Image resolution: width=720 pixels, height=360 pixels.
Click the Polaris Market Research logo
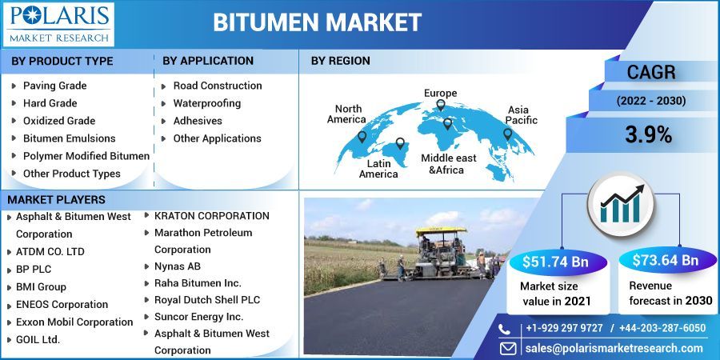point(58,23)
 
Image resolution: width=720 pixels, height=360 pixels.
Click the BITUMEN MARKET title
point(317,22)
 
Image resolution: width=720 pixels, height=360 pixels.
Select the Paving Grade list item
point(54,86)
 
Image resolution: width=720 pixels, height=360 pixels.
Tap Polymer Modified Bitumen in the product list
point(86,156)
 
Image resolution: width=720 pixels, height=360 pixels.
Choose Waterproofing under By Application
point(206,103)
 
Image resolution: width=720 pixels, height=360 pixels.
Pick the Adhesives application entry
point(197,121)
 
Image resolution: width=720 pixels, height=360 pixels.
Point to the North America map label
point(349,114)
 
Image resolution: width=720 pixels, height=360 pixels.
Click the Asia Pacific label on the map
point(522,114)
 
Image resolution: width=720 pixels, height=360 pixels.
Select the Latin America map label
point(378,169)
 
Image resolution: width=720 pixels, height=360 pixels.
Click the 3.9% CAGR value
point(647,135)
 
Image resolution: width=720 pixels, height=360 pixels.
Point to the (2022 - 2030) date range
point(650,101)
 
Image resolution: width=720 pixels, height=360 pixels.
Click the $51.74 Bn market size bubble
point(554,261)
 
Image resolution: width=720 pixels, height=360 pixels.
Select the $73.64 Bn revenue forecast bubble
point(665,261)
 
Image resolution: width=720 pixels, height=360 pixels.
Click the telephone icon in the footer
point(504,328)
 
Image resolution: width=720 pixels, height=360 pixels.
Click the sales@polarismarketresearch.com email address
point(614,348)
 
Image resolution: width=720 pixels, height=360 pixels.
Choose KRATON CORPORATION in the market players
point(211,215)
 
